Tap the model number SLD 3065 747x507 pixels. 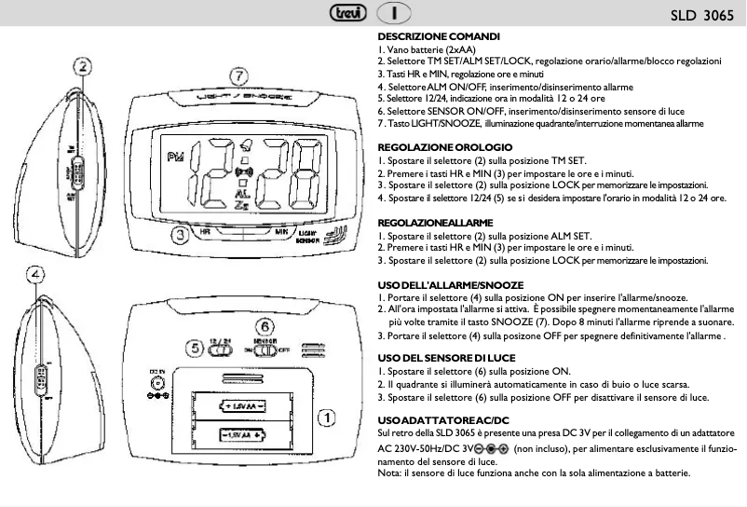[x=701, y=16]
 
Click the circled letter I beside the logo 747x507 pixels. [x=396, y=15]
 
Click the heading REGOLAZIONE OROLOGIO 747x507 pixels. [x=444, y=148]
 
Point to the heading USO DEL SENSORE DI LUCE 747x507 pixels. [x=445, y=358]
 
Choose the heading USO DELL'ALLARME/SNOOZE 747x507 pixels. [x=450, y=284]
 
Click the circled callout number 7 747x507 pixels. [x=239, y=75]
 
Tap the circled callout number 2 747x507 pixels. [x=83, y=67]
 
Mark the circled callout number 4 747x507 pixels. [x=35, y=274]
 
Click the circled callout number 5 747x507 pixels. [x=193, y=348]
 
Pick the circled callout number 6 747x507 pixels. [x=265, y=327]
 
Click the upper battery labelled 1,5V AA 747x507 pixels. [x=245, y=406]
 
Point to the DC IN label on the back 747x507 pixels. [x=157, y=374]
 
